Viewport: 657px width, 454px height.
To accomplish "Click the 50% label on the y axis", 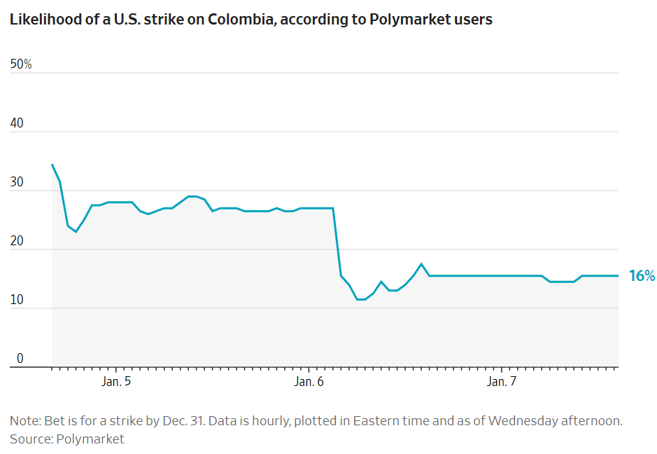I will pyautogui.click(x=21, y=64).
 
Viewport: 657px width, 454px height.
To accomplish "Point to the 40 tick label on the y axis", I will pyautogui.click(x=17, y=123).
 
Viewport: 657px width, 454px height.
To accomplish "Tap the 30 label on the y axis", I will pyautogui.click(x=17, y=182).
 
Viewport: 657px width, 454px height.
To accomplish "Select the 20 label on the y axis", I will pyautogui.click(x=17, y=241).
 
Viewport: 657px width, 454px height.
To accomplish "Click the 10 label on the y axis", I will pyautogui.click(x=16, y=300).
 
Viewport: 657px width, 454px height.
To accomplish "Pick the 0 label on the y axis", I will pyautogui.click(x=20, y=359).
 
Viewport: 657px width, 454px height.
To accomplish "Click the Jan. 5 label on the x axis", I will pyautogui.click(x=116, y=382).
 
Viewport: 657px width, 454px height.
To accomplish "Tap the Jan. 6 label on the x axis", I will pyautogui.click(x=309, y=382).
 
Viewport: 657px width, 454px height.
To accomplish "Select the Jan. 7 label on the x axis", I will pyautogui.click(x=502, y=382).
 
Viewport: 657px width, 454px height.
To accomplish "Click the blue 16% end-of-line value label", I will pyautogui.click(x=642, y=276).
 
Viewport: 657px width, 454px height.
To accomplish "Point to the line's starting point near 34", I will pyautogui.click(x=52, y=165).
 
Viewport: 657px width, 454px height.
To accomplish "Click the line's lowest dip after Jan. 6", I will pyautogui.click(x=361, y=300).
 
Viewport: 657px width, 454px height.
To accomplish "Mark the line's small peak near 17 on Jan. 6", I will pyautogui.click(x=421, y=264).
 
